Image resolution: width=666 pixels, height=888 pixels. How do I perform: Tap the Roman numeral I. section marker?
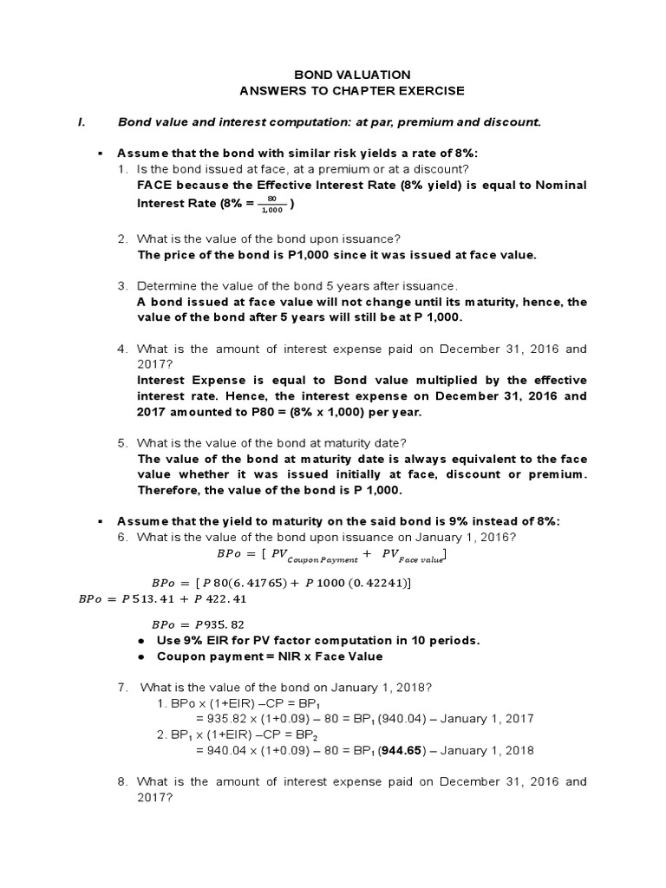tap(82, 122)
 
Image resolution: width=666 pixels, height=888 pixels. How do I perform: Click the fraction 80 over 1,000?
tap(272, 205)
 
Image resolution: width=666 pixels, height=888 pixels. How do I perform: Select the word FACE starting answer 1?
tap(153, 186)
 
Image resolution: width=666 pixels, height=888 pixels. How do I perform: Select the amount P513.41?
tap(147, 598)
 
